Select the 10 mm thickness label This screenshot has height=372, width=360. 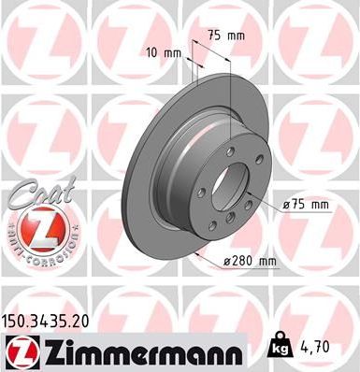(x=164, y=52)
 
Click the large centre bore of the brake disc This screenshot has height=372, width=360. (x=231, y=183)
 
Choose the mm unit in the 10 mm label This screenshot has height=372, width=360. (x=172, y=52)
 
